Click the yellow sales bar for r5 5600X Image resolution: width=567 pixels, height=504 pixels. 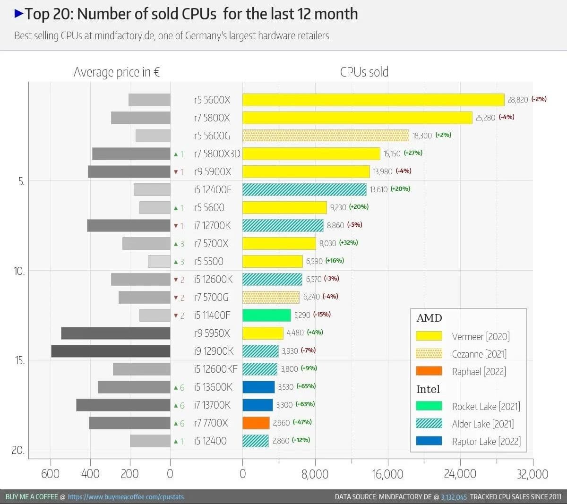click(x=373, y=100)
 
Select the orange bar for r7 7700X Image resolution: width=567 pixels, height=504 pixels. click(x=256, y=423)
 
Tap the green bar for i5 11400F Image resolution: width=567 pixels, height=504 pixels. click(x=266, y=315)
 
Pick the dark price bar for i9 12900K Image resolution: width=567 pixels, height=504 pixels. click(x=111, y=351)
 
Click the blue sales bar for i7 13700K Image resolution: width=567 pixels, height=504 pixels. click(x=258, y=405)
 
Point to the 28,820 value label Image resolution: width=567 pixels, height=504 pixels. click(x=517, y=100)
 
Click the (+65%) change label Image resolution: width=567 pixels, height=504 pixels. click(x=306, y=386)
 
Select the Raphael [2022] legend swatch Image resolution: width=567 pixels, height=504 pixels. click(x=429, y=371)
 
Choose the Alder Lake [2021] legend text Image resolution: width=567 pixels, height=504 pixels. click(x=482, y=424)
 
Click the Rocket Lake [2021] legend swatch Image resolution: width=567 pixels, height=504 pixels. click(x=429, y=406)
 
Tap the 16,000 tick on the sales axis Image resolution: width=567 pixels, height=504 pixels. click(x=387, y=474)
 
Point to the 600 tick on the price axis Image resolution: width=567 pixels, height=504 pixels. click(x=51, y=474)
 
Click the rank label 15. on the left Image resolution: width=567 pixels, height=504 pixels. click(x=19, y=360)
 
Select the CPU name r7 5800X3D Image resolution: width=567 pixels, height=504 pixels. click(x=217, y=154)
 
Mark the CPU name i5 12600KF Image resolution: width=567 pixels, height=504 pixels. click(x=215, y=369)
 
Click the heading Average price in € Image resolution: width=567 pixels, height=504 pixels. click(x=117, y=72)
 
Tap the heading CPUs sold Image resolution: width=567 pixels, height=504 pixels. click(x=364, y=72)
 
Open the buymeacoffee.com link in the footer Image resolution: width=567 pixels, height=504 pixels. click(x=126, y=497)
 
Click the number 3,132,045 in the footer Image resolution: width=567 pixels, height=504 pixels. click(x=454, y=497)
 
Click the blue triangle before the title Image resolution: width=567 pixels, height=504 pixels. click(x=19, y=14)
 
